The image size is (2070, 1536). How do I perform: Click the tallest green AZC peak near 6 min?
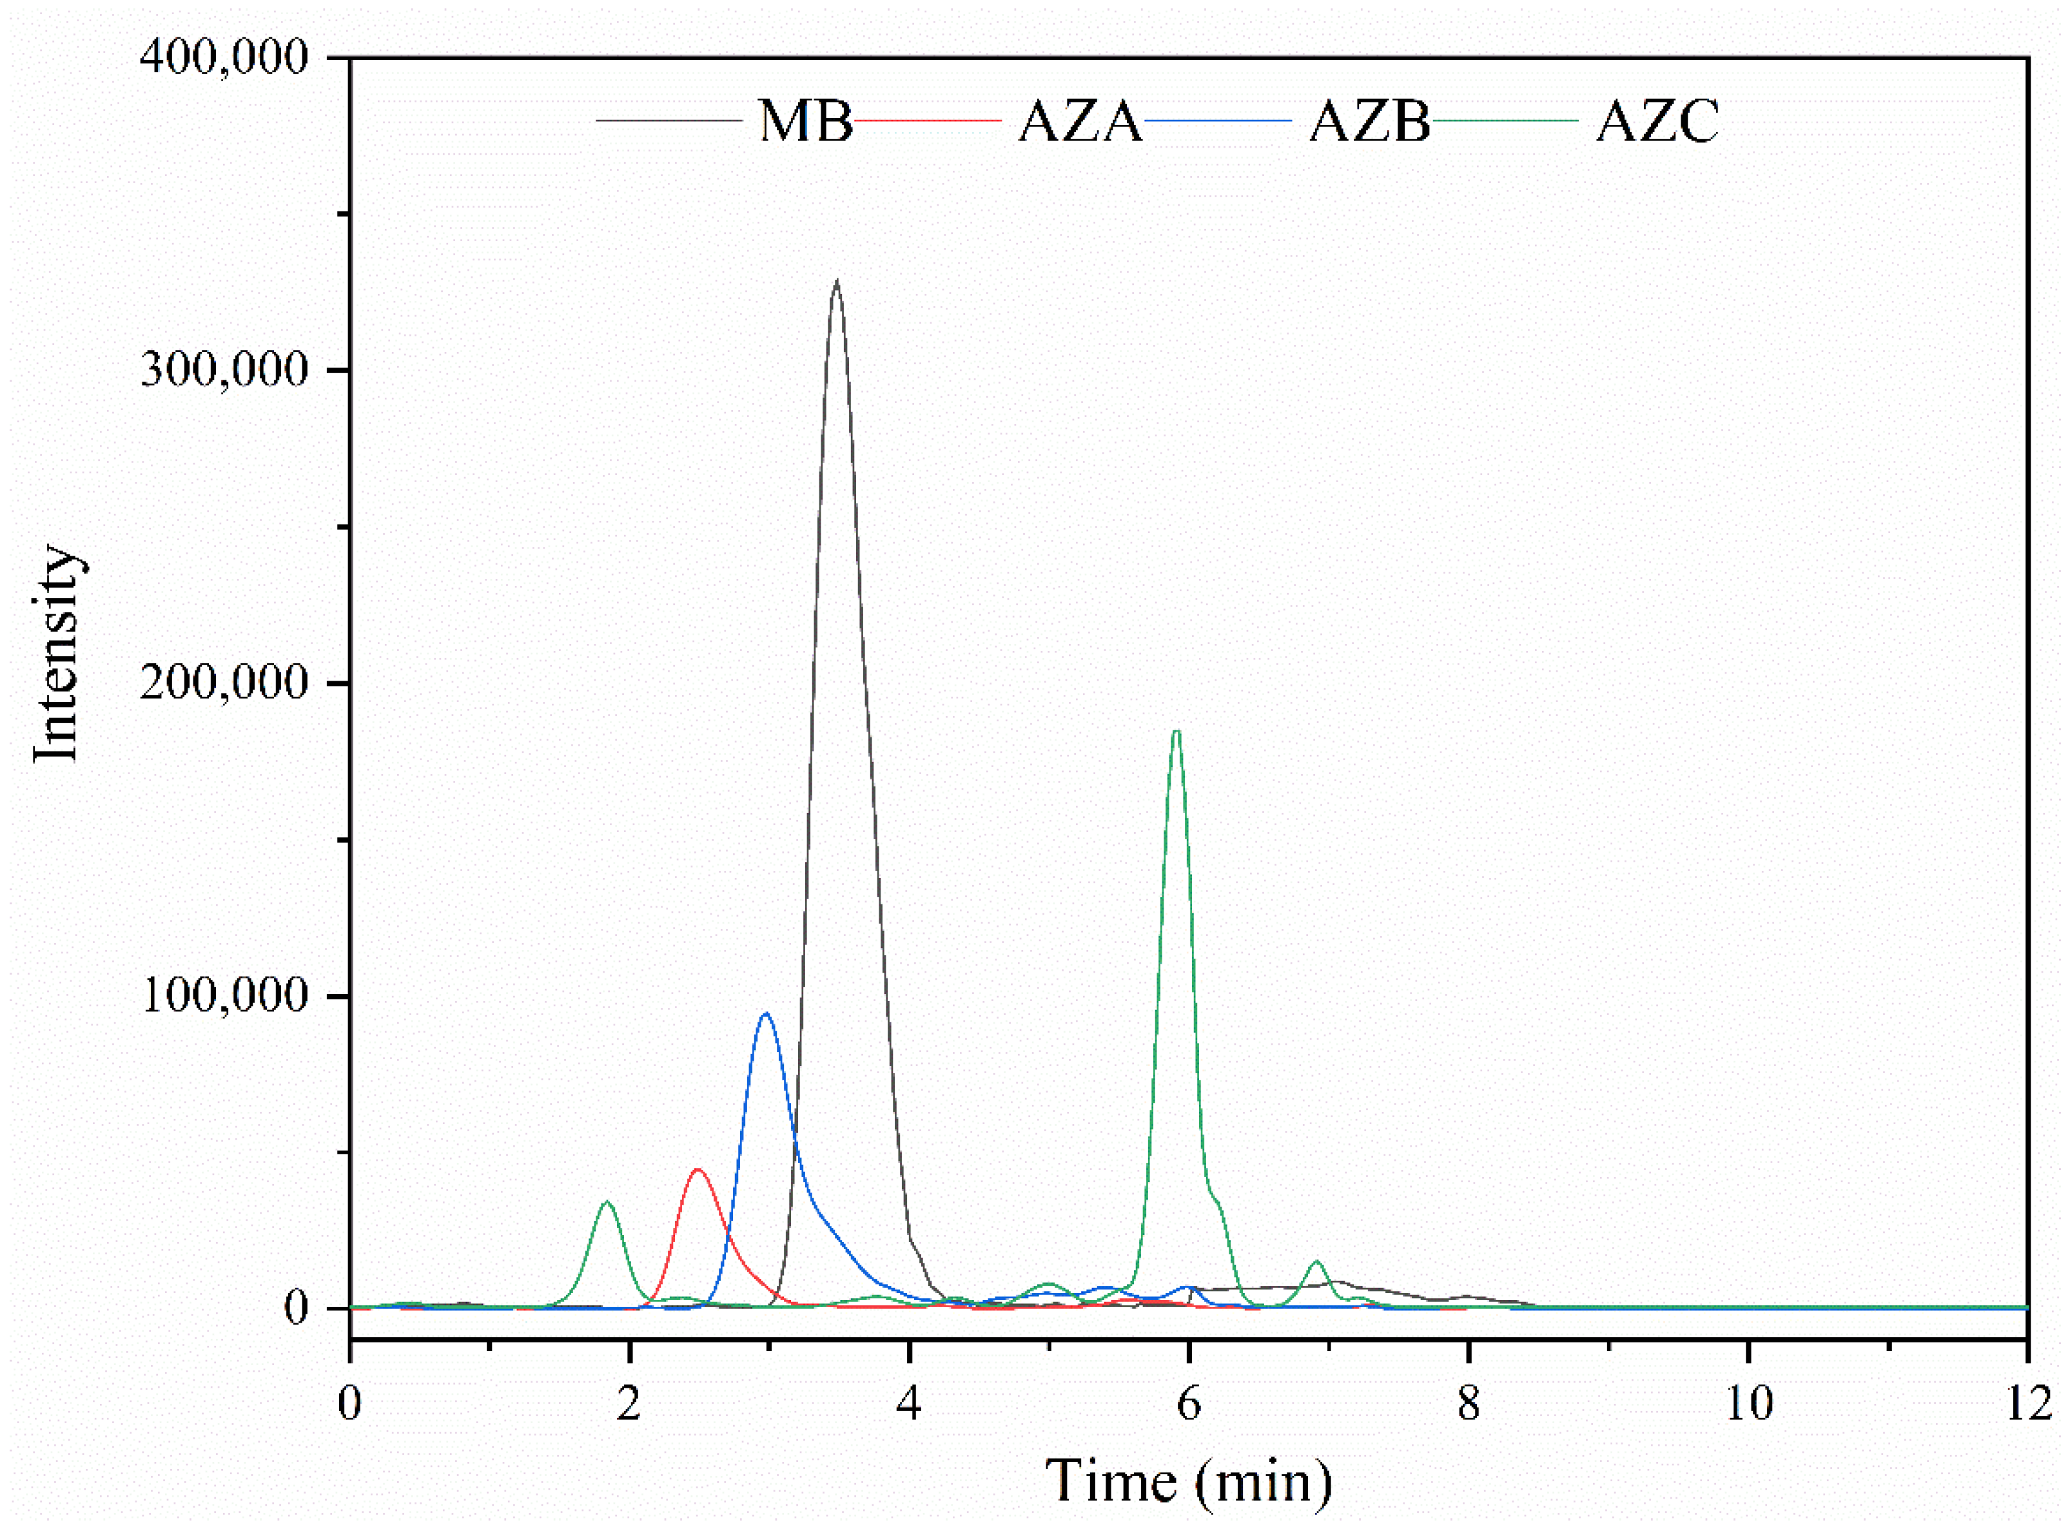tap(1177, 732)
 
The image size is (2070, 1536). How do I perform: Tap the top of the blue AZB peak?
tap(765, 1013)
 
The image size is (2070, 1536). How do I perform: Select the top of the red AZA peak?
tap(698, 1170)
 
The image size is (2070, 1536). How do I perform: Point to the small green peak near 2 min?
tap(607, 1201)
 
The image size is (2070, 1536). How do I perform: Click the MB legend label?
tap(805, 121)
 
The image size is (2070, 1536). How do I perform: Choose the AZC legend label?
tap(1658, 121)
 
